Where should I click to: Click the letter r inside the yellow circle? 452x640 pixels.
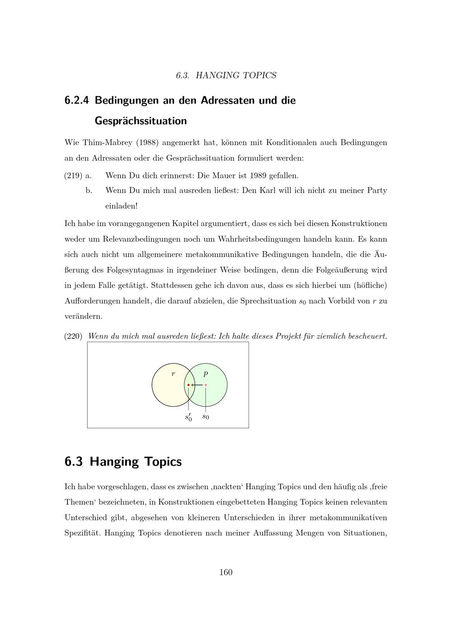pyautogui.click(x=173, y=374)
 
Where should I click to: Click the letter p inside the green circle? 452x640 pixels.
pyautogui.click(x=206, y=374)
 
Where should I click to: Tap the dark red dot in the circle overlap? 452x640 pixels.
pyautogui.click(x=188, y=385)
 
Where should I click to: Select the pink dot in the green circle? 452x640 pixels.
pyautogui.click(x=206, y=385)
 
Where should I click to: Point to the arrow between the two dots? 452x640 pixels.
pyautogui.click(x=197, y=385)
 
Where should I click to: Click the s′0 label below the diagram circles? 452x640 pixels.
pyautogui.click(x=188, y=417)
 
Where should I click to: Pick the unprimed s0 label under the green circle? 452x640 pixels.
pyautogui.click(x=206, y=416)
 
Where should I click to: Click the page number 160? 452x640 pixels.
pyautogui.click(x=226, y=573)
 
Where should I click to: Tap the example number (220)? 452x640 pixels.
pyautogui.click(x=73, y=336)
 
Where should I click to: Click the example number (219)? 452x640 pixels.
pyautogui.click(x=73, y=175)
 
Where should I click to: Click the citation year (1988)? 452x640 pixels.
pyautogui.click(x=147, y=143)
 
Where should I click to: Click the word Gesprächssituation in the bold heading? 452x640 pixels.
pyautogui.click(x=141, y=121)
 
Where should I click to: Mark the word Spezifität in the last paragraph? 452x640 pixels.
pyautogui.click(x=82, y=533)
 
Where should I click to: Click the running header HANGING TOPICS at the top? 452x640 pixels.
pyautogui.click(x=235, y=75)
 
